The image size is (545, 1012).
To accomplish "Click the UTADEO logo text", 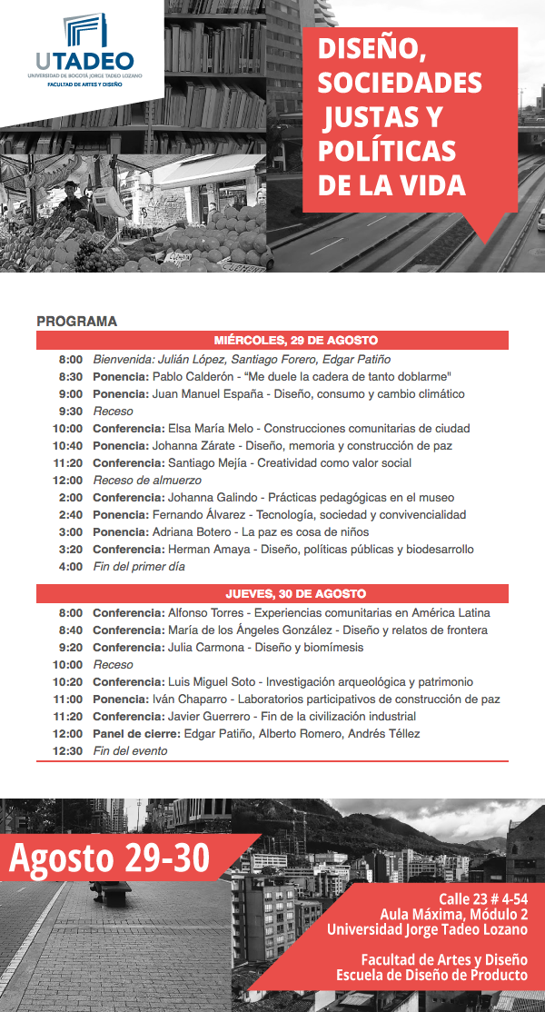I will point(84,62).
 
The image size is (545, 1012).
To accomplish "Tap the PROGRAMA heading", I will point(77,322).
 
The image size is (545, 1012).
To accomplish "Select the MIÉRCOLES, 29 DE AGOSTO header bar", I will point(272,341).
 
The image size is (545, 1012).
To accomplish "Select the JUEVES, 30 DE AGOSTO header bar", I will point(272,594).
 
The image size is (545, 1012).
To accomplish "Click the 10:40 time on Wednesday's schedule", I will point(67,446).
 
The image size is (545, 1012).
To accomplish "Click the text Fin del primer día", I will point(139,567).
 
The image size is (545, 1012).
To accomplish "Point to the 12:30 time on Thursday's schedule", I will point(67,751).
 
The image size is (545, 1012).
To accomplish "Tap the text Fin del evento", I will point(130,751).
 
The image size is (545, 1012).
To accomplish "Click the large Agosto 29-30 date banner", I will point(110,857).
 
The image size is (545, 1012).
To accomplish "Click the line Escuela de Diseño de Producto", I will point(431,976).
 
